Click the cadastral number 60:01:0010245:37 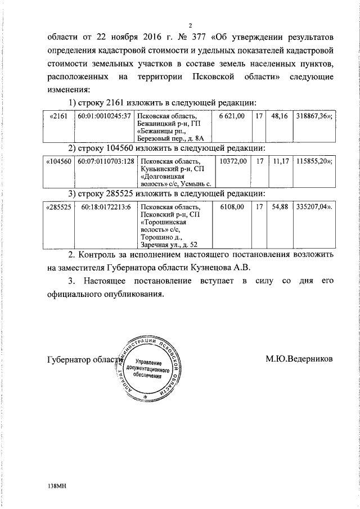coord(104,116)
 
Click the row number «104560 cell coord(58,161)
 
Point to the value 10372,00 coord(233,161)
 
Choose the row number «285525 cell coord(58,207)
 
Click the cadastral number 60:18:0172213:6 coord(106,207)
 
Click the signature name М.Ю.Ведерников coord(299,358)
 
